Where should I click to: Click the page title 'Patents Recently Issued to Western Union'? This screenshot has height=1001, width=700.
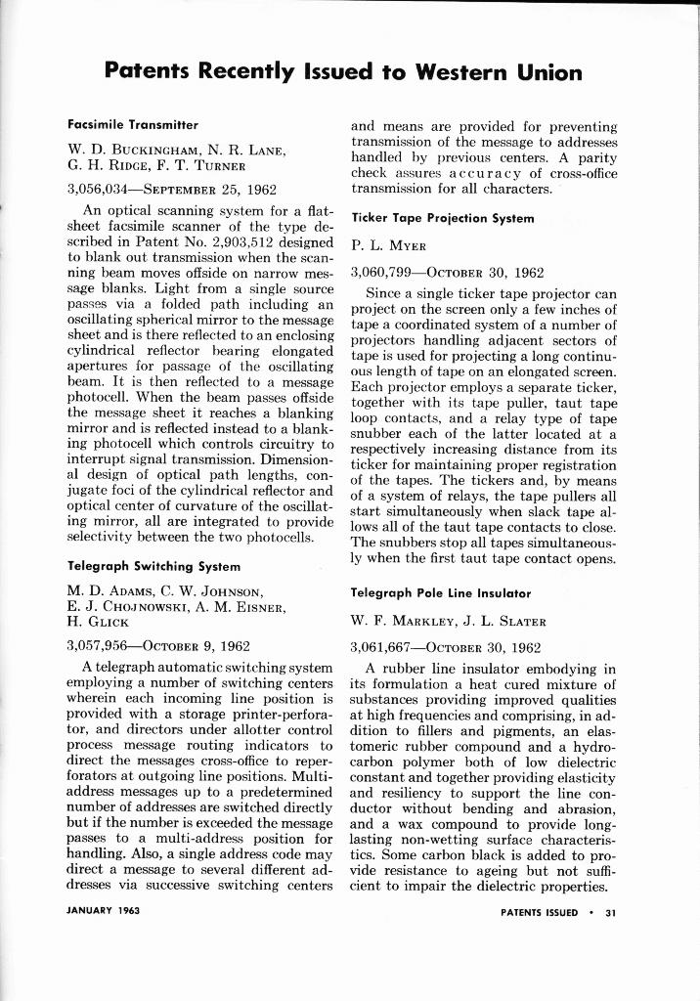[x=343, y=72]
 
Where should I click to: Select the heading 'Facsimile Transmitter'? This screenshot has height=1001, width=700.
[x=132, y=126]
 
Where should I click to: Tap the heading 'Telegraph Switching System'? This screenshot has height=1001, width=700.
[x=153, y=565]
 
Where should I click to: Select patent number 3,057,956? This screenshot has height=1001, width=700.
[x=102, y=646]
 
